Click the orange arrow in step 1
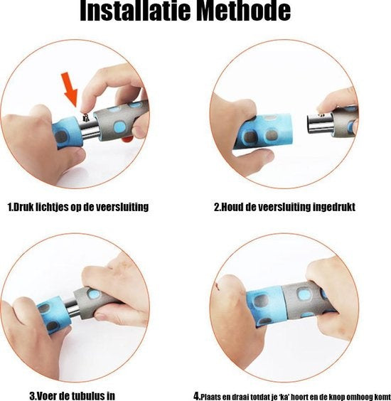(70, 89)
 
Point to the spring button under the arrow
(85, 117)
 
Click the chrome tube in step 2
(320, 123)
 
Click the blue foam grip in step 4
(264, 306)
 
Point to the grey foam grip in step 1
(121, 119)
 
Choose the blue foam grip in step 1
(68, 132)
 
